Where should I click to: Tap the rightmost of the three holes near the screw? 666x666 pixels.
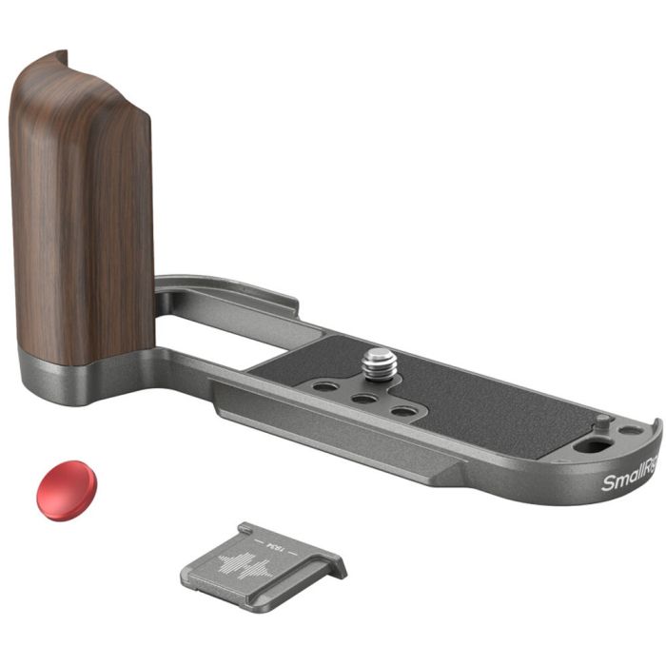[403, 412]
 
